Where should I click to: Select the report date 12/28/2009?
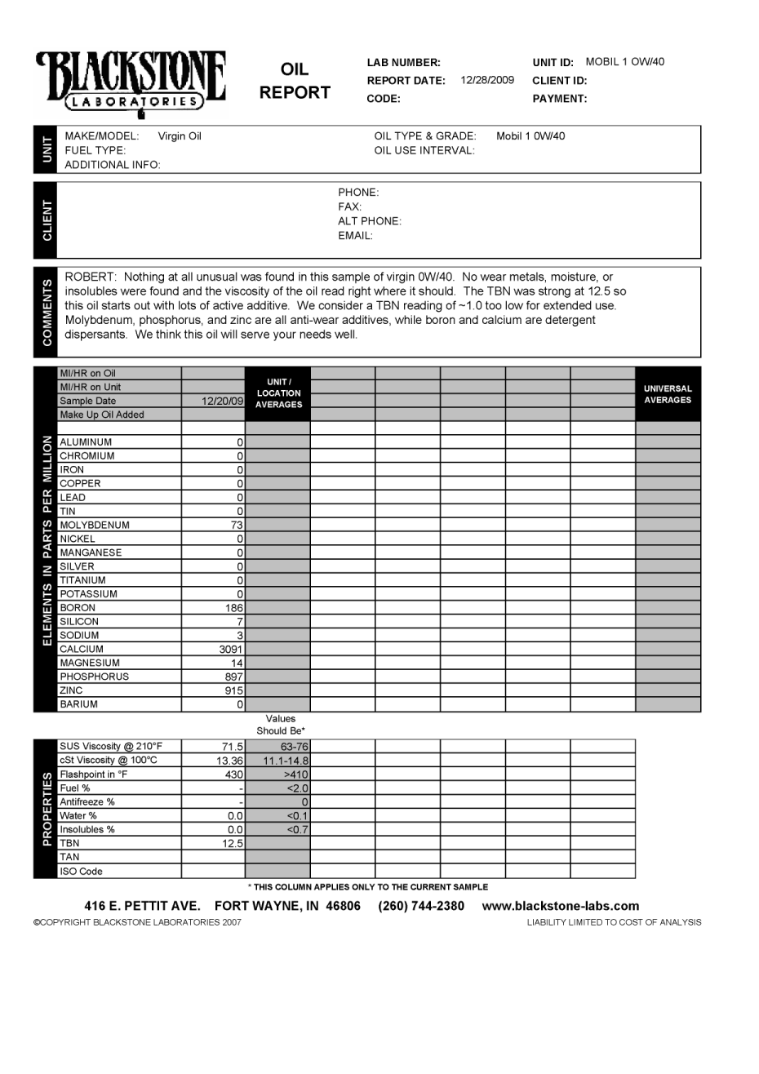pyautogui.click(x=487, y=80)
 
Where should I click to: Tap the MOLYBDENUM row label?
pyautogui.click(x=95, y=526)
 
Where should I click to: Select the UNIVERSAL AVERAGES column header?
pyautogui.click(x=667, y=394)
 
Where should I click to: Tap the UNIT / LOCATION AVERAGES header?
pyautogui.click(x=278, y=393)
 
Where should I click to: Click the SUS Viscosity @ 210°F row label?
pyautogui.click(x=111, y=747)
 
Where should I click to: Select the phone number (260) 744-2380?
pyautogui.click(x=421, y=906)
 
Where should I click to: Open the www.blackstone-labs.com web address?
pyautogui.click(x=561, y=906)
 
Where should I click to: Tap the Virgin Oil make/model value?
pyautogui.click(x=180, y=136)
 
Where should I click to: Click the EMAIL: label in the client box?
pyautogui.click(x=355, y=236)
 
